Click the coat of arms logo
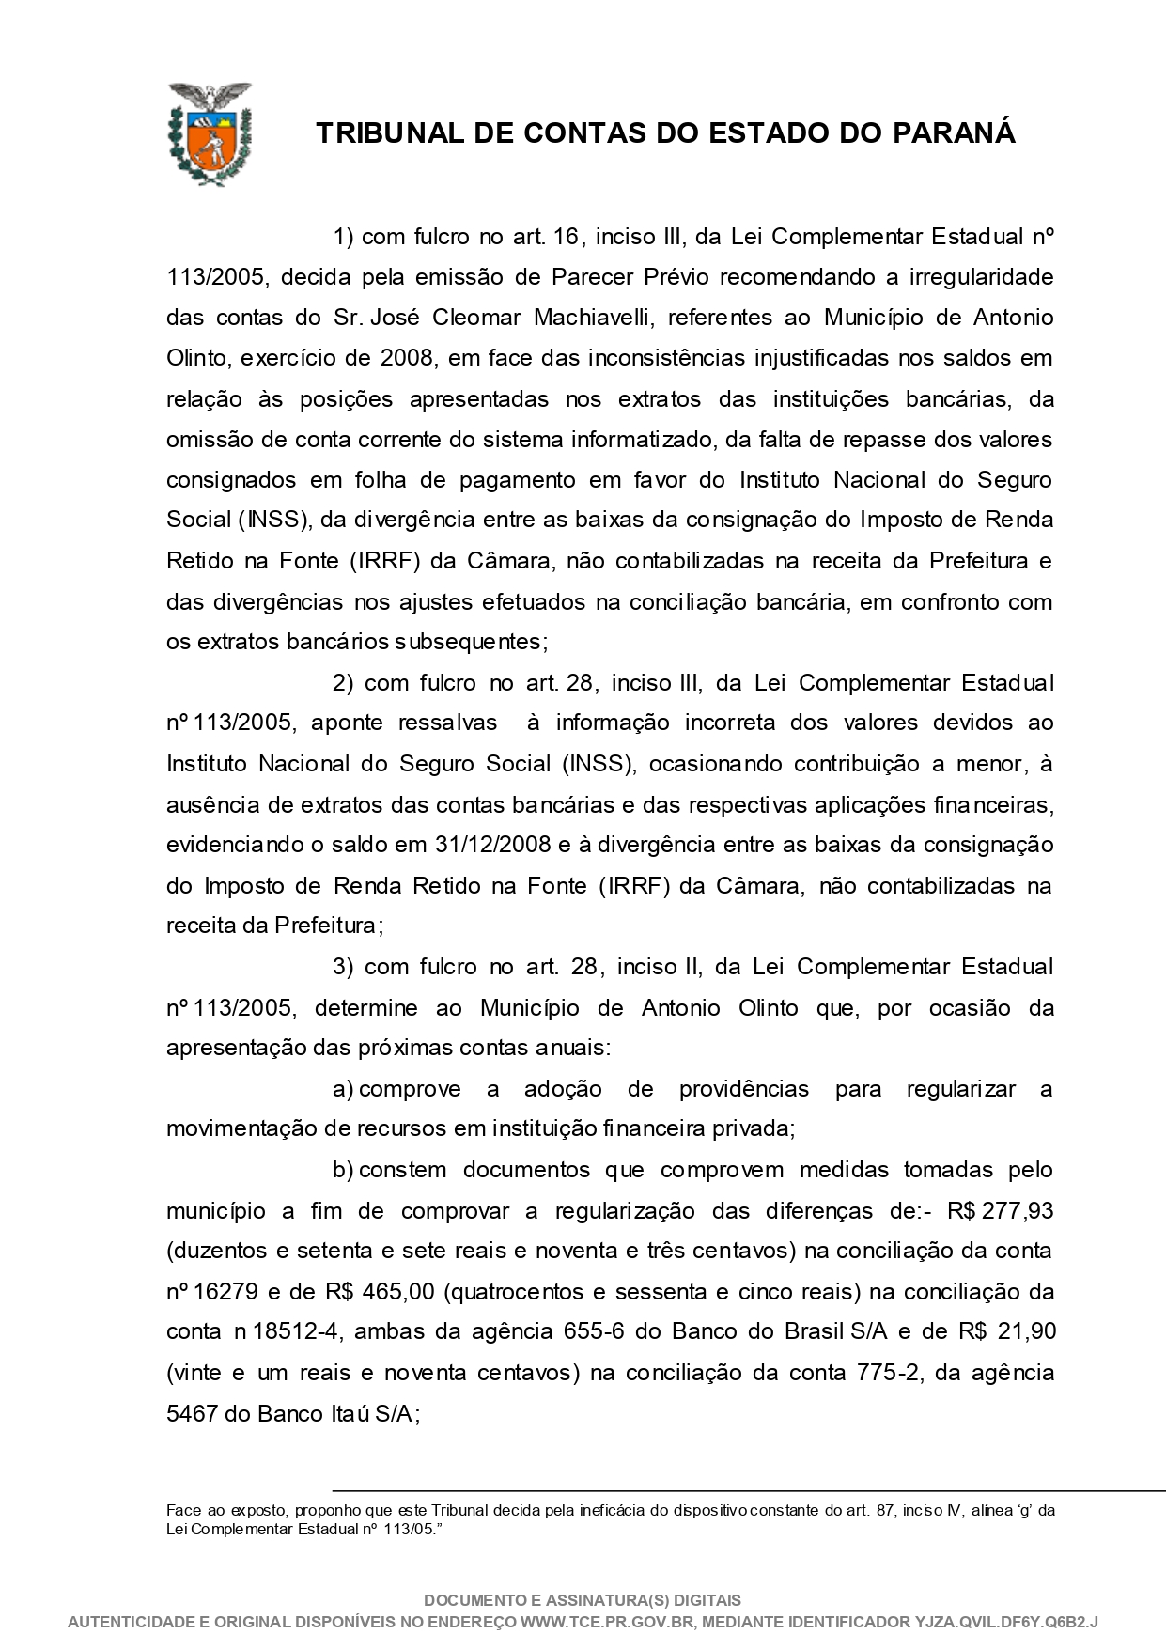pos(210,132)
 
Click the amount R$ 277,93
pos(1001,1211)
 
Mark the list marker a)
pos(343,1089)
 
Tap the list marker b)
pos(343,1170)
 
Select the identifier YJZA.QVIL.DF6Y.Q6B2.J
pos(1006,1623)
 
